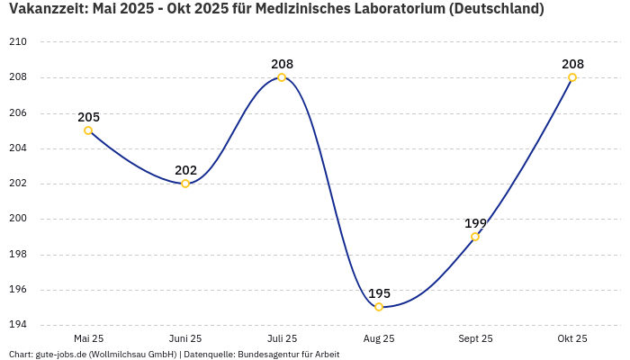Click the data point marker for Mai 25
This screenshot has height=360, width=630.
point(88,130)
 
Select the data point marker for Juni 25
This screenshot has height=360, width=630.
point(185,184)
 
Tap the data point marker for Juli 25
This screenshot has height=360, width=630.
point(282,77)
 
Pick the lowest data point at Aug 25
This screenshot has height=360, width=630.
point(379,307)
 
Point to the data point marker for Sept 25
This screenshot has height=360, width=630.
point(475,237)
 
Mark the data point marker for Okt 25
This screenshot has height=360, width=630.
point(572,77)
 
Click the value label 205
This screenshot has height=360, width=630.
point(88,117)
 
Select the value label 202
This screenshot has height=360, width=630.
point(185,170)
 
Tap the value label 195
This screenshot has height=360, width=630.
point(379,293)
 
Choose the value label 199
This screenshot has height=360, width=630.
point(475,223)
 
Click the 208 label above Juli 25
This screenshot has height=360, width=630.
point(282,64)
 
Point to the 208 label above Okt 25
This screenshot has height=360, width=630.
point(572,64)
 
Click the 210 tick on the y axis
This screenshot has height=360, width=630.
point(18,42)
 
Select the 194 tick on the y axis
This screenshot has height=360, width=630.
point(18,325)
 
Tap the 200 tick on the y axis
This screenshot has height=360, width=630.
point(18,219)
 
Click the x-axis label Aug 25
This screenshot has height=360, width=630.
point(379,338)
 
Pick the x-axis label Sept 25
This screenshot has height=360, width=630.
point(475,338)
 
